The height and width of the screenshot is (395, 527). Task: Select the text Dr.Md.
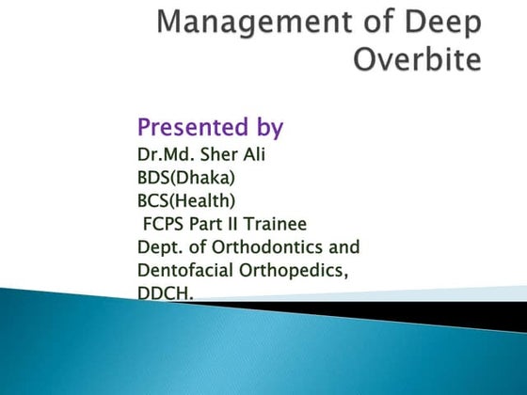164,154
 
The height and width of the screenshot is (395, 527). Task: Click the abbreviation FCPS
165,224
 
